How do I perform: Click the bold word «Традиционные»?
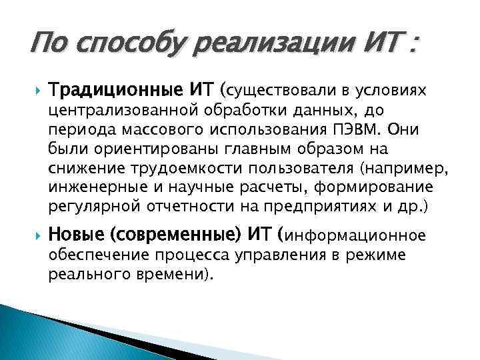[125, 89]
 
